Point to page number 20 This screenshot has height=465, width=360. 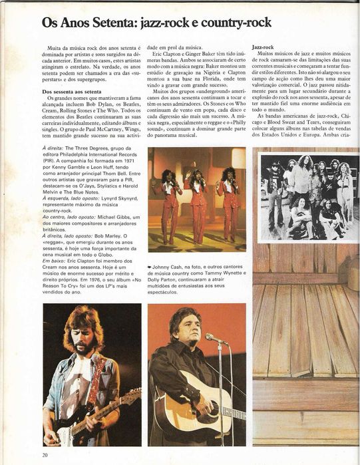(45, 455)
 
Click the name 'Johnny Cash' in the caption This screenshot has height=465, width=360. (170, 267)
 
